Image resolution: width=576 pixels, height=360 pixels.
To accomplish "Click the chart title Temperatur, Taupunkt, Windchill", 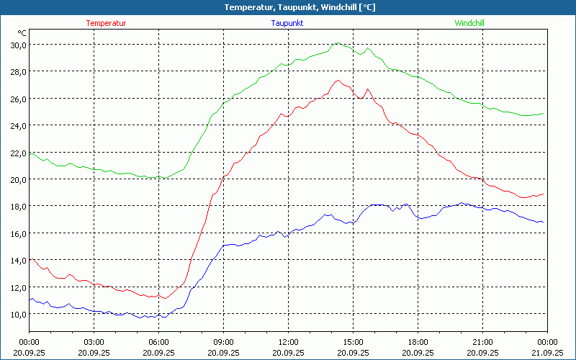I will coord(288,7).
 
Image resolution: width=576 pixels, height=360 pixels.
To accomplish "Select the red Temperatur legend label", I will coord(106,23).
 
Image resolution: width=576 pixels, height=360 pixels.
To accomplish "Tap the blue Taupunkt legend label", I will coord(287,23).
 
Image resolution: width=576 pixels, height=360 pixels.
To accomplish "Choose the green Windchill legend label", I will coord(469,23).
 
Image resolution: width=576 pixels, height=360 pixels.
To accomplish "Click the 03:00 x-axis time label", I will coord(94,342).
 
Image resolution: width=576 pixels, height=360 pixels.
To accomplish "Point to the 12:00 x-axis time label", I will coord(288,342).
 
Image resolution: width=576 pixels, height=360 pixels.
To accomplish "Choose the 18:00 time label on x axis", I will coord(418,342).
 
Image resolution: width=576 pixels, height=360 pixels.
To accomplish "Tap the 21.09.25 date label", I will coord(547,352).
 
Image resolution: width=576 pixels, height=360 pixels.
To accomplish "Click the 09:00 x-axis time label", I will coord(223,342).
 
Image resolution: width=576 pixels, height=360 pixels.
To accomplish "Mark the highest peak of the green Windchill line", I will coord(337,43).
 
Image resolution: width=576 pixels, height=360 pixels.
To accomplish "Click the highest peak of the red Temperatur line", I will coord(338,80).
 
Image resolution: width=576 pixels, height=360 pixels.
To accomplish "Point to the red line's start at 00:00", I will coord(30,259).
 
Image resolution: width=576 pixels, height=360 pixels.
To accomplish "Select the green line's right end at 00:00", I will coord(543,113).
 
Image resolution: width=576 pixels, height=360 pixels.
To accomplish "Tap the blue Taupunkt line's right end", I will coord(543,222).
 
